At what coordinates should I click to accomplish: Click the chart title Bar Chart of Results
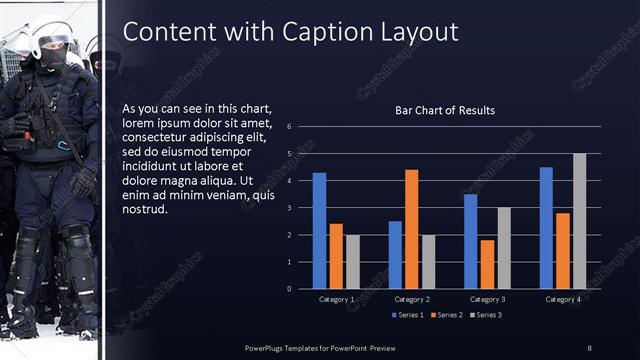[x=446, y=110]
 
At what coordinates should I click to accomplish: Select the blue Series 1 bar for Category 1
[x=319, y=230]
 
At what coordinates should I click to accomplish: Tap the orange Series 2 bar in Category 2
[x=411, y=229]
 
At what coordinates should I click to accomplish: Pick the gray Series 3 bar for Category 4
[x=579, y=221]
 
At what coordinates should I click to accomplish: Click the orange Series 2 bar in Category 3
[x=487, y=264]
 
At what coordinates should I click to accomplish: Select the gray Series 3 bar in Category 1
[x=352, y=261]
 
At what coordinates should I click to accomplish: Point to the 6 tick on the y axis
[x=288, y=127]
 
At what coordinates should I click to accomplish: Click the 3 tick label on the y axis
[x=288, y=208]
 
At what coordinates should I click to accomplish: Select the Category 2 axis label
[x=411, y=299]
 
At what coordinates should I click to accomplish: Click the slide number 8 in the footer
[x=589, y=347]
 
